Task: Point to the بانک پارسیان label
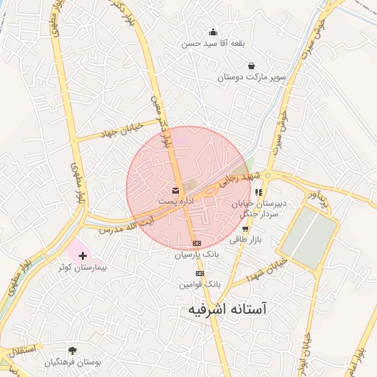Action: [x=197, y=255]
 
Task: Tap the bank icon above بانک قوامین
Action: [x=200, y=273]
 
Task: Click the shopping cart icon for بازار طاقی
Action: [x=245, y=229]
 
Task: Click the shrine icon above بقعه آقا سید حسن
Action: [x=213, y=32]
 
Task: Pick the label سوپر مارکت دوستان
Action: [x=241, y=76]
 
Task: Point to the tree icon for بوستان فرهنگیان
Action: [x=72, y=350]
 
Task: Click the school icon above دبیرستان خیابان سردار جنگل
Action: [x=258, y=193]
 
